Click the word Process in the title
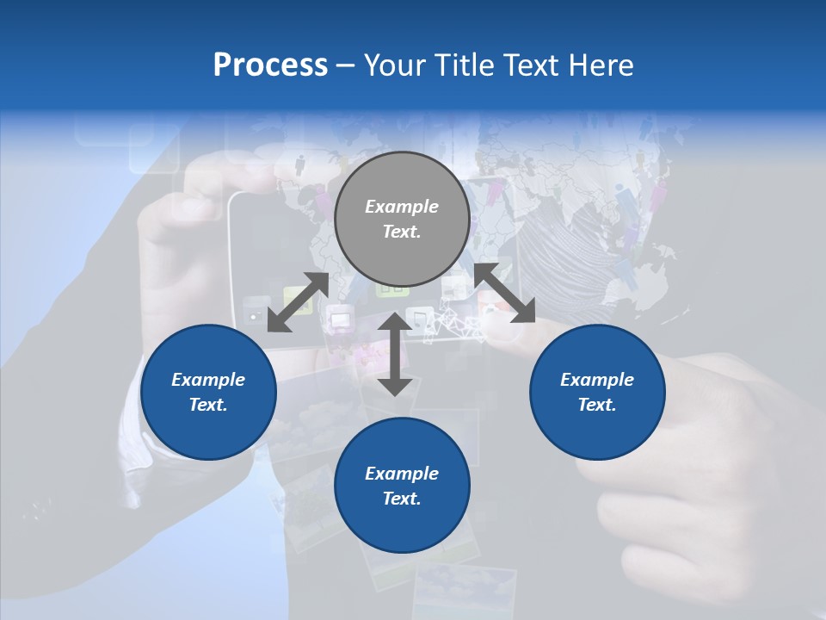tap(270, 65)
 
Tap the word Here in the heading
tap(599, 65)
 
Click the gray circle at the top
tap(402, 220)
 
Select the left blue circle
tap(208, 392)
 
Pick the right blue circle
tap(597, 392)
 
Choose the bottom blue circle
tap(402, 486)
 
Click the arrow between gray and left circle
tap(298, 302)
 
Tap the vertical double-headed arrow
tap(395, 354)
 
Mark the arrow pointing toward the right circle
tap(504, 293)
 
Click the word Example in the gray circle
tap(402, 207)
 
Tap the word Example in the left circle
tap(208, 380)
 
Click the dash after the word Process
tap(346, 65)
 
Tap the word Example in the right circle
tap(597, 380)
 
